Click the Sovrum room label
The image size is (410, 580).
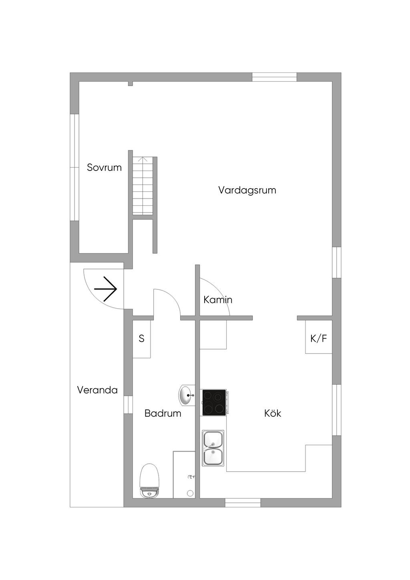[104, 167]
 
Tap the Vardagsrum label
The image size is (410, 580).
[247, 190]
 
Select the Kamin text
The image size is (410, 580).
[218, 299]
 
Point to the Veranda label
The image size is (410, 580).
[97, 390]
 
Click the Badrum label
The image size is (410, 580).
[163, 413]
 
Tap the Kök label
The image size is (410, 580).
[272, 413]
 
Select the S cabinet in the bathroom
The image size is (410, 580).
[141, 339]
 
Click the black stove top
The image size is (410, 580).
[214, 402]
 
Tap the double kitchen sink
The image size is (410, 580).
[213, 448]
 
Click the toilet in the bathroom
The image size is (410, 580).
[150, 480]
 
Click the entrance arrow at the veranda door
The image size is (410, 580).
[105, 289]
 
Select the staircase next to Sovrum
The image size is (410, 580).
[143, 186]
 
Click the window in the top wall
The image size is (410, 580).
[274, 77]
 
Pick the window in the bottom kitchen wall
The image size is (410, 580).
[243, 503]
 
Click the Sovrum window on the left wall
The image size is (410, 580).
[74, 167]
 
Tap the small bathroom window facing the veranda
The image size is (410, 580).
[128, 404]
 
